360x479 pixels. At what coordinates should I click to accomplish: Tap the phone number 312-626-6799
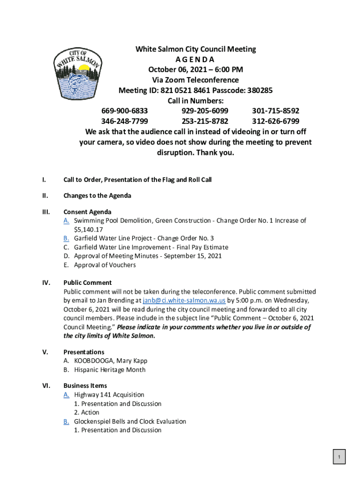275,121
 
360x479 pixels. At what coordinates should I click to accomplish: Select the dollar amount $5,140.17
88,229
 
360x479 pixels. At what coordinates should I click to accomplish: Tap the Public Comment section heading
87,283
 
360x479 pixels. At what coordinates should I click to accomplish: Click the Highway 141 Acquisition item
109,395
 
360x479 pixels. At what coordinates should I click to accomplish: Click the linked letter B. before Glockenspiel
66,421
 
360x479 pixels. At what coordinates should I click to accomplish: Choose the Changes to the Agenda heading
97,196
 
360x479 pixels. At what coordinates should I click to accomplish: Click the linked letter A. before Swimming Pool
66,220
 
